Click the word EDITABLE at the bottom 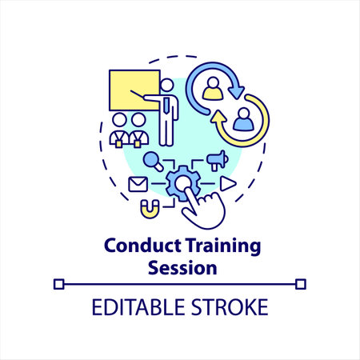[132, 307]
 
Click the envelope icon [138, 183]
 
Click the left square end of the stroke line [58, 282]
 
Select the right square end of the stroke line [301, 282]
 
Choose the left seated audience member [120, 129]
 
